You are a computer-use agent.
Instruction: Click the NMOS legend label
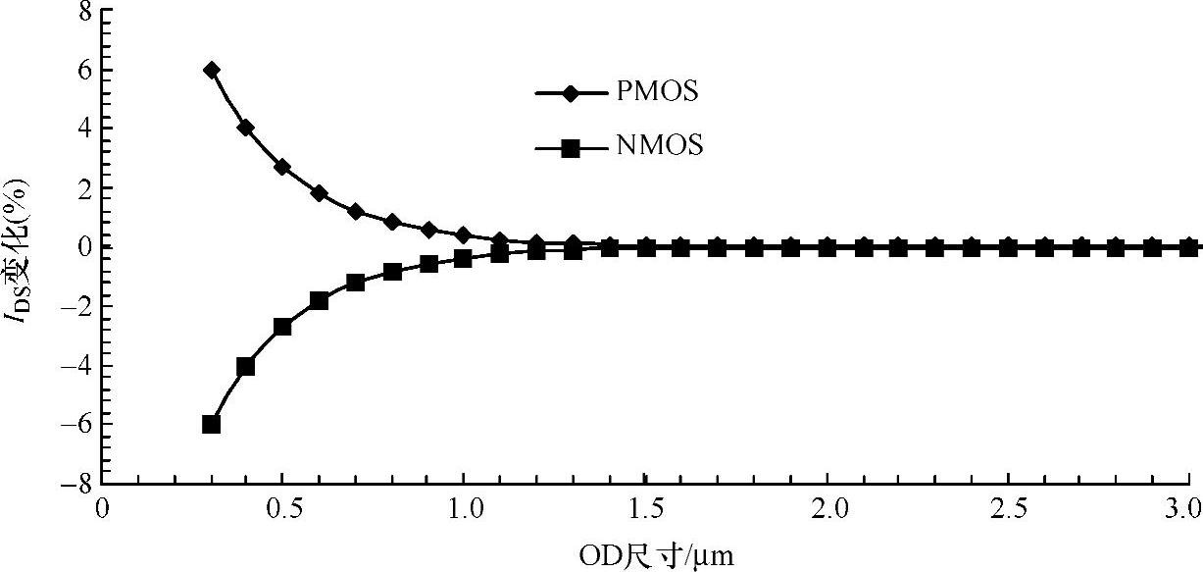click(x=661, y=147)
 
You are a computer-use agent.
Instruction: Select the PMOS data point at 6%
click(x=211, y=70)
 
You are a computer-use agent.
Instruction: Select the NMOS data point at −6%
click(x=211, y=424)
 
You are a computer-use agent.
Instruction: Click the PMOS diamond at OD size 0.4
click(x=246, y=128)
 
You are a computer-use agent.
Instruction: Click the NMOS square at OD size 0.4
click(x=246, y=366)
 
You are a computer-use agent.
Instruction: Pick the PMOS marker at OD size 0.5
click(x=282, y=167)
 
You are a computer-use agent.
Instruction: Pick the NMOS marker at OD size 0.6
click(x=319, y=300)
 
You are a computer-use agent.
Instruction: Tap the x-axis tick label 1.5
click(x=644, y=508)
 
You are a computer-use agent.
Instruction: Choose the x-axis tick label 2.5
click(x=1008, y=508)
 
